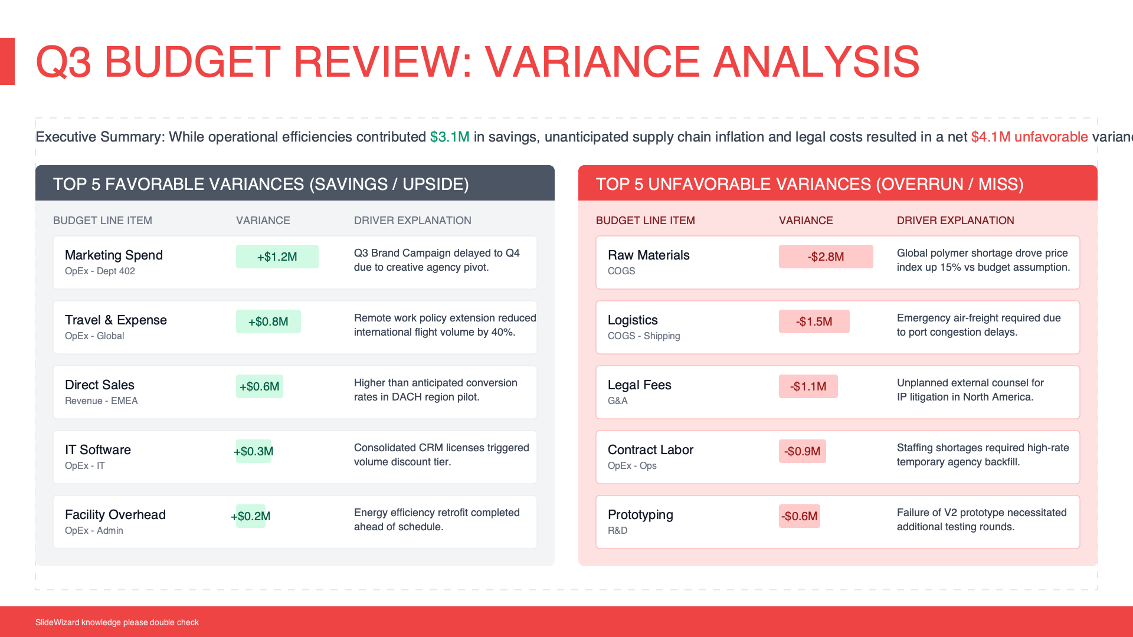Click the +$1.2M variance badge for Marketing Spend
click(277, 257)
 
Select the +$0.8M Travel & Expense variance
click(268, 321)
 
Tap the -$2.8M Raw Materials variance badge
click(826, 257)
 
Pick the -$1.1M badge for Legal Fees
click(808, 386)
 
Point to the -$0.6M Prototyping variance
click(800, 516)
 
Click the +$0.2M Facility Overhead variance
click(251, 516)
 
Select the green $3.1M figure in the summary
click(450, 137)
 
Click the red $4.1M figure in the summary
click(991, 137)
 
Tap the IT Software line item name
click(98, 450)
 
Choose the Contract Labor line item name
click(650, 450)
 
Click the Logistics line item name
click(633, 320)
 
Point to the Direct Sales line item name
click(100, 385)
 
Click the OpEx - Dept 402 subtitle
click(100, 271)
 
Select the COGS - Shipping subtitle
click(644, 336)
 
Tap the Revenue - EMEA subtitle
click(101, 401)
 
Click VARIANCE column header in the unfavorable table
click(806, 221)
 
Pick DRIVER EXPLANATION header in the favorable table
click(412, 221)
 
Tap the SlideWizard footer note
click(117, 622)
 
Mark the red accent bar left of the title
click(7, 61)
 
